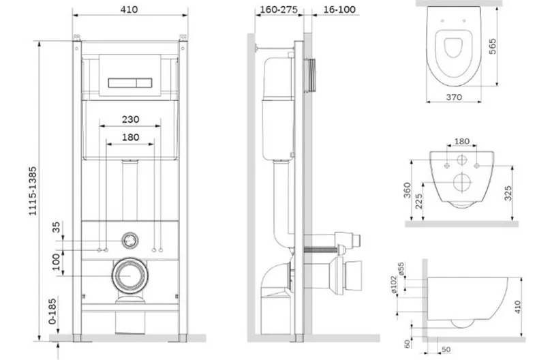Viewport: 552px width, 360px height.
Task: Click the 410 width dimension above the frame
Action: pyautogui.click(x=129, y=10)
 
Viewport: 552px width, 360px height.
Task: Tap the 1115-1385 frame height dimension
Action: pyautogui.click(x=33, y=192)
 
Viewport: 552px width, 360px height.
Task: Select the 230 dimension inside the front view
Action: pyautogui.click(x=131, y=119)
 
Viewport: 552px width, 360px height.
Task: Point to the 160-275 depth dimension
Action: pyautogui.click(x=279, y=10)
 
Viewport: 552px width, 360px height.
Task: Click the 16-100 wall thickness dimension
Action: pyautogui.click(x=339, y=10)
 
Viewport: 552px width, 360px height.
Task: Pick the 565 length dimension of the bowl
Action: pyautogui.click(x=493, y=46)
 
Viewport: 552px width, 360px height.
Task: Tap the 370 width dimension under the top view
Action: pyautogui.click(x=454, y=97)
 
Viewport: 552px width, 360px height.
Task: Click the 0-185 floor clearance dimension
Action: pyautogui.click(x=52, y=312)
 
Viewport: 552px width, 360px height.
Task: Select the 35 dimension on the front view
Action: pyautogui.click(x=56, y=227)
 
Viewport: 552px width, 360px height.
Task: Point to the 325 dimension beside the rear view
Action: pyautogui.click(x=508, y=194)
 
